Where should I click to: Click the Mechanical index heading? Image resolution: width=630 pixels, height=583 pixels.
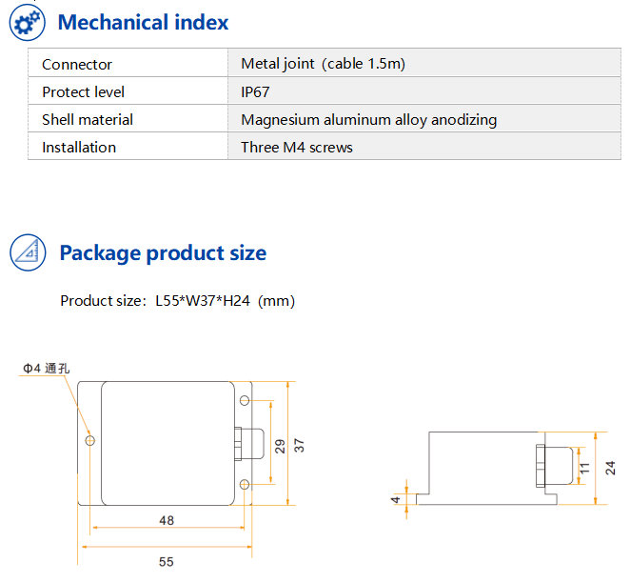pos(144,22)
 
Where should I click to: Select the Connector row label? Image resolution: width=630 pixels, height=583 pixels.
pos(77,64)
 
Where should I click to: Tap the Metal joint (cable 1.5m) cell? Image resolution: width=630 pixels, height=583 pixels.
pos(323,64)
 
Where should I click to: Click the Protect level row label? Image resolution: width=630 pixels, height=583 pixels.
pos(83,91)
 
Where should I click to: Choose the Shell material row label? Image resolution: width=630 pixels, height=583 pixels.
pos(87,119)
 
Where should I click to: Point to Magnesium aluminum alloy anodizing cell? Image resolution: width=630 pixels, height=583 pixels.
pos(368,119)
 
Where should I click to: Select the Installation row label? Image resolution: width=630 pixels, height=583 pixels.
pos(78,147)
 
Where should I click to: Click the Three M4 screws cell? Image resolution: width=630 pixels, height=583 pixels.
pos(296,147)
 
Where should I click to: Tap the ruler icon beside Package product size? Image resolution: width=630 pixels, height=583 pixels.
pos(27,252)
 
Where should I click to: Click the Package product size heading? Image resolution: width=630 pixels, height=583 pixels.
pos(163,253)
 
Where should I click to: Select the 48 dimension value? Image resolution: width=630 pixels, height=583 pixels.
pos(166,521)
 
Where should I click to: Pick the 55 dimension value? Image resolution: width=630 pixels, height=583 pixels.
pos(166,561)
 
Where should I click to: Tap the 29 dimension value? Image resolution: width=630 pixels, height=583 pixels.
pos(280,446)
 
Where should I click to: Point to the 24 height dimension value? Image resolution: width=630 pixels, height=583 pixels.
pos(610,468)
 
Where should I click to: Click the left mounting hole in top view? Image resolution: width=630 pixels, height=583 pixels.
pos(90,441)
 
